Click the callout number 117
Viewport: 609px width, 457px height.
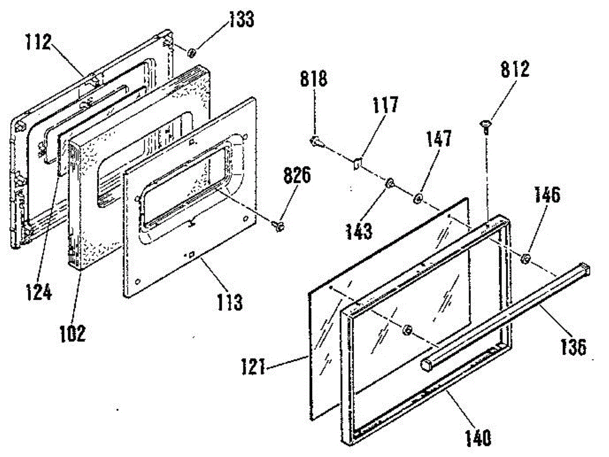pos(385,106)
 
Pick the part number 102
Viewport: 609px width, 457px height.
pos(73,333)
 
